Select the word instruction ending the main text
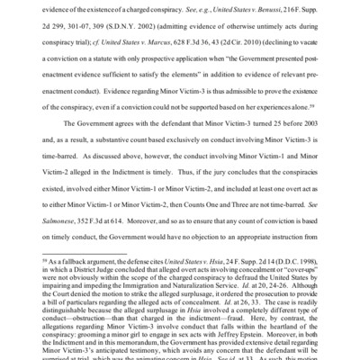coord(298,232)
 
